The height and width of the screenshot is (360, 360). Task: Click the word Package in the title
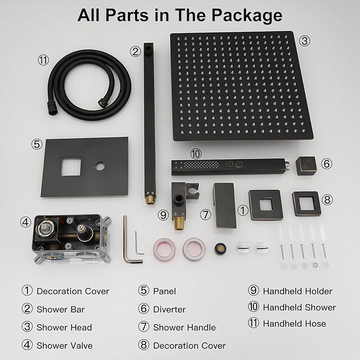(247, 15)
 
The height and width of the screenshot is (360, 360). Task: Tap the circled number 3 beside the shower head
(305, 41)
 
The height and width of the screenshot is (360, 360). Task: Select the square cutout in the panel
(71, 167)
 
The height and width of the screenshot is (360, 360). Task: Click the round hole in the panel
(100, 166)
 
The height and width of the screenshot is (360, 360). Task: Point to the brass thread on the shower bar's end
(151, 199)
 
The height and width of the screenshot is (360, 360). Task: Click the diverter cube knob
(306, 166)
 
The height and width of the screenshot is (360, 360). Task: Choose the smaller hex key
(138, 243)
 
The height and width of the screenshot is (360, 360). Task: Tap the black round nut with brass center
(220, 249)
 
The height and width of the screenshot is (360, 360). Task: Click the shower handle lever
(224, 206)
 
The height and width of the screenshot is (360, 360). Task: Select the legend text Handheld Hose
(294, 323)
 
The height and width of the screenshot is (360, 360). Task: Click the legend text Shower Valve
(65, 346)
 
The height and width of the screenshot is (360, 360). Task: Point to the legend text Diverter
(169, 310)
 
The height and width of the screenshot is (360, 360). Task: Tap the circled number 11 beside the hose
(43, 60)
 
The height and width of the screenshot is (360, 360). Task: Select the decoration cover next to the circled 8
(306, 204)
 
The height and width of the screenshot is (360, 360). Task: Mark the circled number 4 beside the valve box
(25, 222)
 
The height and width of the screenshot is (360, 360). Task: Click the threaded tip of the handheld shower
(287, 166)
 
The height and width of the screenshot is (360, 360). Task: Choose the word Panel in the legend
(164, 292)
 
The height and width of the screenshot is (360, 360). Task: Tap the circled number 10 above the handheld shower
(196, 154)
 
